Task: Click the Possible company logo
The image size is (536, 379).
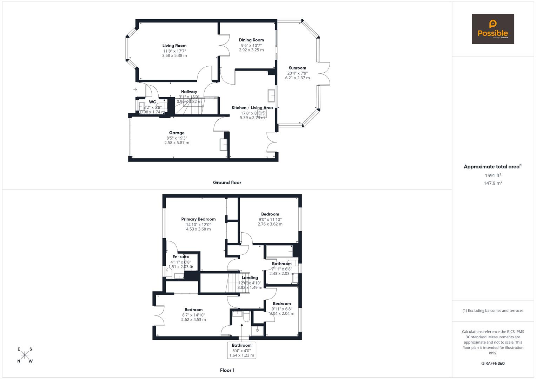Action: click(x=492, y=29)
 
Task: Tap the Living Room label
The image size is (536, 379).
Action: click(x=174, y=46)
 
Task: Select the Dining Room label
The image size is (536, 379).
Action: click(x=251, y=40)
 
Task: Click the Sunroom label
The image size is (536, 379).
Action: click(x=297, y=68)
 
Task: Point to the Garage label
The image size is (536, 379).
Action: click(x=177, y=133)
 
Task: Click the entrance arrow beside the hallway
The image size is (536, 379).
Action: click(x=135, y=90)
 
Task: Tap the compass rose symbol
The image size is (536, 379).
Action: click(x=25, y=355)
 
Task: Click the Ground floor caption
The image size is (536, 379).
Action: click(x=227, y=182)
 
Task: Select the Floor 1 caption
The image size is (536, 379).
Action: click(x=227, y=370)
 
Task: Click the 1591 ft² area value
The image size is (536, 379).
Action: click(x=493, y=175)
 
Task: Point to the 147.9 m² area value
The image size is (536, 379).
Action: click(x=493, y=183)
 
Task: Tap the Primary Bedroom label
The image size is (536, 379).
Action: click(x=198, y=219)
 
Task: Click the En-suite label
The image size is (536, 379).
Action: click(x=180, y=257)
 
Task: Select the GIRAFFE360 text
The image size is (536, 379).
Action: click(x=493, y=363)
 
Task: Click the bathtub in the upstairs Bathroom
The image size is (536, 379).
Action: click(x=279, y=252)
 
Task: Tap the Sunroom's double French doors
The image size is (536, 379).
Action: click(x=325, y=73)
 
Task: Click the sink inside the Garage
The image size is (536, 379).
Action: click(x=223, y=145)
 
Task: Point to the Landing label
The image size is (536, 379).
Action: click(x=250, y=278)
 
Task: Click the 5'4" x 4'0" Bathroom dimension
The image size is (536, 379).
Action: click(x=241, y=351)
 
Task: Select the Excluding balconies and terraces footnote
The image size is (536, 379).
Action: click(x=493, y=311)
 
